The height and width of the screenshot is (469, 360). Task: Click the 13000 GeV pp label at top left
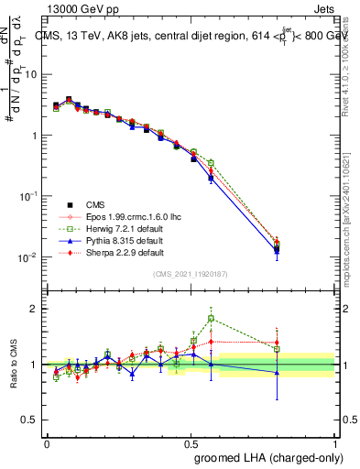78,8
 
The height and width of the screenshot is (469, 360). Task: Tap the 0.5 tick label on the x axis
191,442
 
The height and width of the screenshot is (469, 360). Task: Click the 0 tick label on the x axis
47,442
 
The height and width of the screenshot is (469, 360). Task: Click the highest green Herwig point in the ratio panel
212,319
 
